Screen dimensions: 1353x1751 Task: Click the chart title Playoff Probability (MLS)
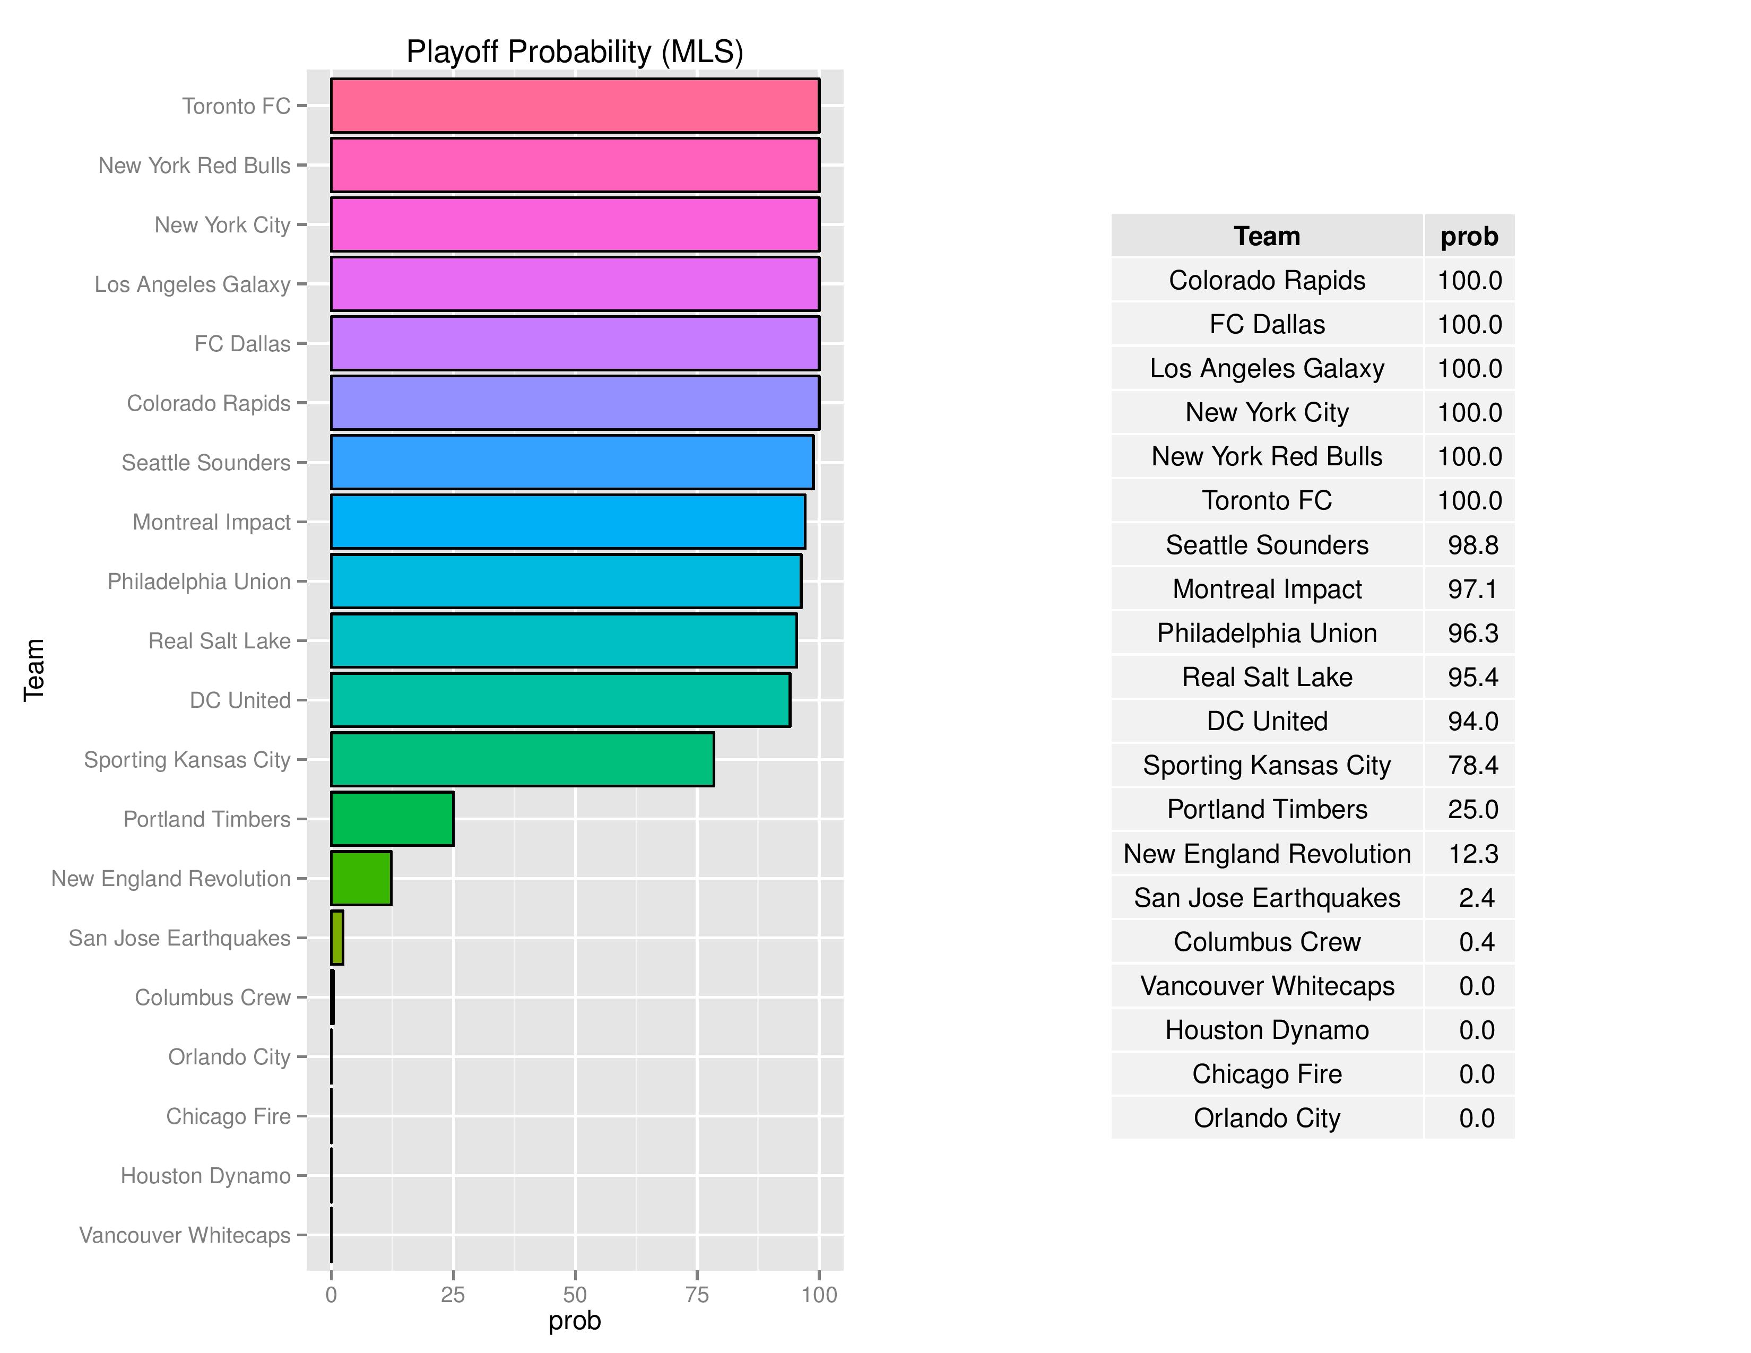(574, 52)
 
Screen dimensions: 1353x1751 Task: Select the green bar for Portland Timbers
(392, 818)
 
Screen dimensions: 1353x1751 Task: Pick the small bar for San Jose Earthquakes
(337, 937)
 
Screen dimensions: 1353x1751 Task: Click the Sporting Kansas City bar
(522, 759)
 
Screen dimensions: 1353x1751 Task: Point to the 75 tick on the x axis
(697, 1295)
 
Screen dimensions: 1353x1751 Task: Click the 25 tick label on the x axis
(453, 1295)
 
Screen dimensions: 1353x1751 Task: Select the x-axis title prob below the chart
(574, 1321)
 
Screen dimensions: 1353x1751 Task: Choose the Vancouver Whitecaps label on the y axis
(185, 1235)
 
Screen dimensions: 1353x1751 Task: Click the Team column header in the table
(1267, 237)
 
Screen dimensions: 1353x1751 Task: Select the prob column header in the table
(1469, 237)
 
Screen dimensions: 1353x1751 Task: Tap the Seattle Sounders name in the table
(1267, 545)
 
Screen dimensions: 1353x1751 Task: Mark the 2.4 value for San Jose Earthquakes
(1476, 898)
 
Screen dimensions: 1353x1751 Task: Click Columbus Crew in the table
(1267, 942)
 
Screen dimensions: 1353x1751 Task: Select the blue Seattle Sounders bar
(571, 462)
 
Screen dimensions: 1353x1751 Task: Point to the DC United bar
(560, 700)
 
